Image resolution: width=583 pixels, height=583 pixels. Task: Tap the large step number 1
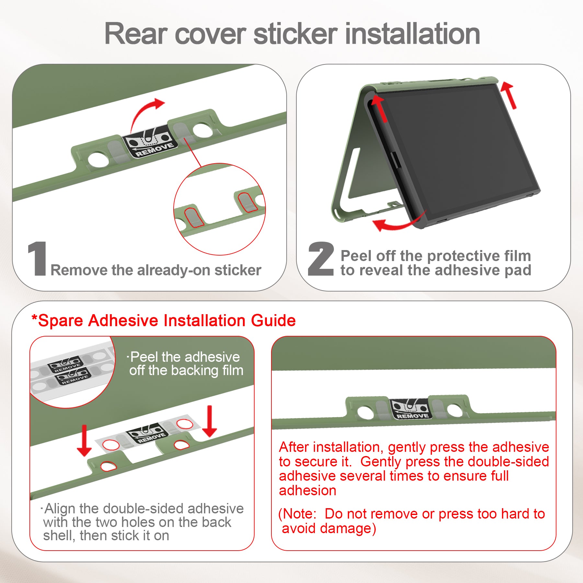point(37,259)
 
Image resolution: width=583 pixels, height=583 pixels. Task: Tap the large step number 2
point(320,259)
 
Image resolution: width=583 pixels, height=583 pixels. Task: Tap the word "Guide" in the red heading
point(273,320)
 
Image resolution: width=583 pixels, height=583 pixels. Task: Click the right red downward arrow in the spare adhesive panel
point(210,421)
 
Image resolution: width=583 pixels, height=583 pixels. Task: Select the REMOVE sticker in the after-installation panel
point(411,409)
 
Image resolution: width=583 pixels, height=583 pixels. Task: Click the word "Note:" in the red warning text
point(299,514)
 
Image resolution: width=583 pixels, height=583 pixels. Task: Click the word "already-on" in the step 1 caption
point(162,270)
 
